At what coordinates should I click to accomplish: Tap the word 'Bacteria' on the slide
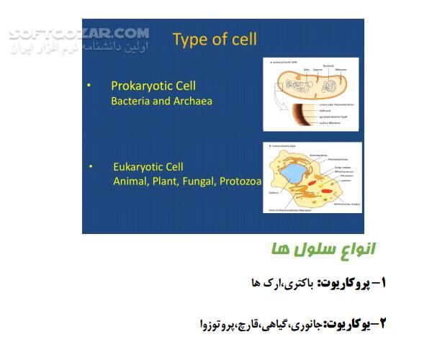pos(130,101)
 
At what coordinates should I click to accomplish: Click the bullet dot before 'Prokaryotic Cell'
pos(89,86)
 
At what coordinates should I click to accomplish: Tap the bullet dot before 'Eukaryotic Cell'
pos(91,166)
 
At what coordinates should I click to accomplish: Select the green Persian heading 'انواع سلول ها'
pos(323,250)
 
